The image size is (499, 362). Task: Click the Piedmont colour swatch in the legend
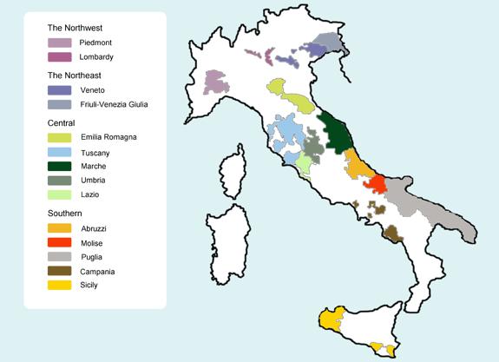pyautogui.click(x=59, y=43)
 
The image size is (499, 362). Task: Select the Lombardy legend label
pyautogui.click(x=96, y=57)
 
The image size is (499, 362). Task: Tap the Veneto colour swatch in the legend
pyautogui.click(x=59, y=90)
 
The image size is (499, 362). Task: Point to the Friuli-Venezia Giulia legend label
pyautogui.click(x=121, y=104)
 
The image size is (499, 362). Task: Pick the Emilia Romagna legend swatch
pyautogui.click(x=59, y=137)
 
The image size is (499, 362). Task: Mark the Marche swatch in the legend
pyautogui.click(x=59, y=167)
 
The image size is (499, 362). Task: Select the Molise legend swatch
pyautogui.click(x=59, y=242)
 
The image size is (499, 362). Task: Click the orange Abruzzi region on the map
pyautogui.click(x=356, y=163)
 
